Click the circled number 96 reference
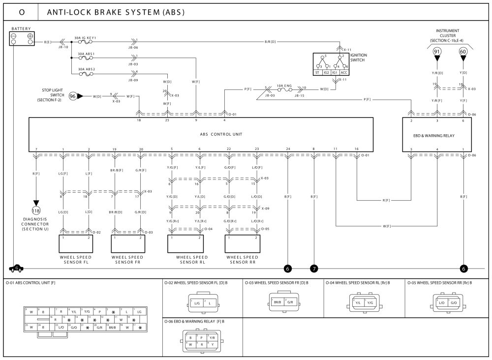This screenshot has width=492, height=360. (73, 96)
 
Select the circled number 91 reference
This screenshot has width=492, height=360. (437, 52)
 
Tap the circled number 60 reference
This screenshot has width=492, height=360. (463, 52)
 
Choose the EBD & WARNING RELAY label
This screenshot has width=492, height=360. (437, 134)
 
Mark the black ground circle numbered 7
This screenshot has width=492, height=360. (313, 268)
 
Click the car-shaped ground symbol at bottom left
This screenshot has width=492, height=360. (16, 268)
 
